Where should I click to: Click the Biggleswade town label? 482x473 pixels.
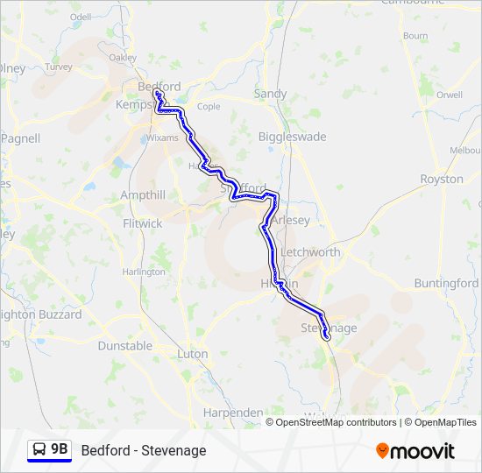coord(292,137)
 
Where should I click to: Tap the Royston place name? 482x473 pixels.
coord(441,179)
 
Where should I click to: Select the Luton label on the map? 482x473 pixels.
coord(193,354)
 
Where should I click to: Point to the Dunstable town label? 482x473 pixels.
coord(124,346)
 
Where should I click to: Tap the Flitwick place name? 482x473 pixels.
coord(143,223)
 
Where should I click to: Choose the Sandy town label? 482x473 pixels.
coord(269,94)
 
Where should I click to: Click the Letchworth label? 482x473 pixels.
coord(310,252)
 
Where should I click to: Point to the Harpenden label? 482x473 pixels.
coord(232,412)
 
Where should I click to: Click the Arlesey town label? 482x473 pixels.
coord(290,221)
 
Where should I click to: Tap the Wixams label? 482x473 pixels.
coord(162,138)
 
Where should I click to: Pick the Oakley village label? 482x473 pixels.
coord(123,58)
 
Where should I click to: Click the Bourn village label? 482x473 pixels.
coord(415,36)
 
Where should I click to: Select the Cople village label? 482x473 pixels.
coord(209,107)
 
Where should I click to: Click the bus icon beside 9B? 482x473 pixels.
coord(39,450)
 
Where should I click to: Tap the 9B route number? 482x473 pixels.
coord(59,449)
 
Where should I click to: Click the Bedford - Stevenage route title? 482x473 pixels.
coord(144,450)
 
